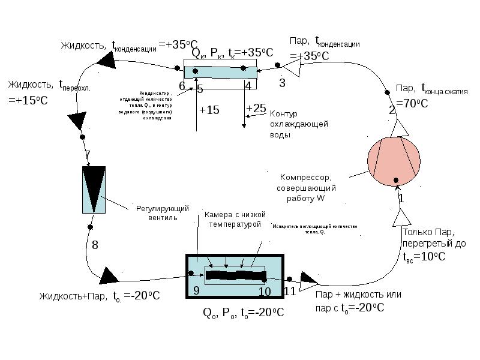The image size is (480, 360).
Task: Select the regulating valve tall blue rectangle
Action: coord(94,188)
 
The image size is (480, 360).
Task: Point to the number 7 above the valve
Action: coord(88,155)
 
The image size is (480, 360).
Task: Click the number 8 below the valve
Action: coord(95,245)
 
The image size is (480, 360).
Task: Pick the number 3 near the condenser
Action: coord(282,83)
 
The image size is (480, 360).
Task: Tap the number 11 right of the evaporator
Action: coord(290,292)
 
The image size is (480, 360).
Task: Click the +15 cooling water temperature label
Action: coord(209,110)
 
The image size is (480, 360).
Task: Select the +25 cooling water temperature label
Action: coord(256,107)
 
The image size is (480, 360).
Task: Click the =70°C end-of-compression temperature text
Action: coord(412,103)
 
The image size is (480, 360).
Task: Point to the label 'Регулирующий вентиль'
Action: coord(163,213)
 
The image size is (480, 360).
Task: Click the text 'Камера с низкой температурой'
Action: coord(234,219)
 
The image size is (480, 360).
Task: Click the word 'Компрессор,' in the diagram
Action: coord(305,177)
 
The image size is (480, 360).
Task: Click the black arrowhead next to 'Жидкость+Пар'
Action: coord(110,275)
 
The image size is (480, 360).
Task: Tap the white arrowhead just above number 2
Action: coord(400,128)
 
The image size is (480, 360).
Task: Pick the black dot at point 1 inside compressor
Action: coord(396,179)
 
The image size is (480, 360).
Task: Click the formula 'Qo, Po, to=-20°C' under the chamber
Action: coord(244,313)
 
